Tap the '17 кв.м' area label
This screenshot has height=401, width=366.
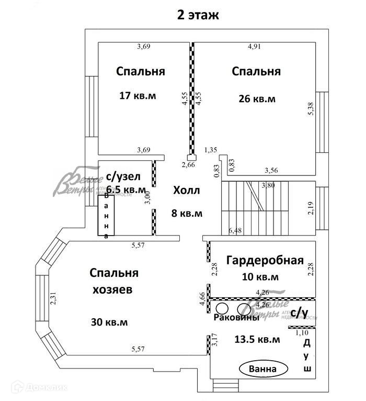(138, 96)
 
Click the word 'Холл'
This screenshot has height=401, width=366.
(186, 190)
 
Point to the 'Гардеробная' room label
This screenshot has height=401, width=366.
(265, 260)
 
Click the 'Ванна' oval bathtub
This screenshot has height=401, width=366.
(264, 369)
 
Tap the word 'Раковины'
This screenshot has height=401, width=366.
(236, 318)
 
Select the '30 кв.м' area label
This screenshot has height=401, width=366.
(109, 321)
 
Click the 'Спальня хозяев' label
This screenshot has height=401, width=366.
(114, 281)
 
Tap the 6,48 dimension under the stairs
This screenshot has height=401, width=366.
(236, 230)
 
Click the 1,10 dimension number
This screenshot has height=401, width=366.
(303, 332)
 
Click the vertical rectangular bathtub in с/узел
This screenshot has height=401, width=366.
(107, 215)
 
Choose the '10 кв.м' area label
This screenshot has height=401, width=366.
(260, 276)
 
